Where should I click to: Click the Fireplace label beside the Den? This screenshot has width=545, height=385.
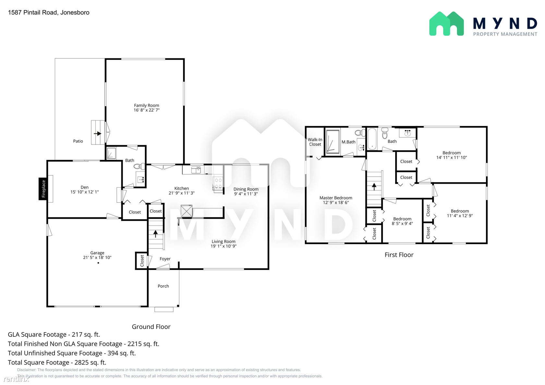tap(43, 189)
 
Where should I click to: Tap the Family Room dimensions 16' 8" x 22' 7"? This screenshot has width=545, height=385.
tap(147, 110)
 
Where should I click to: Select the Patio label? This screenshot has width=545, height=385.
tap(78, 141)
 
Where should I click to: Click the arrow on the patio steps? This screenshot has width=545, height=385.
tap(98, 134)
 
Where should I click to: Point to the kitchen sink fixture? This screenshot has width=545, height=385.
tap(196, 170)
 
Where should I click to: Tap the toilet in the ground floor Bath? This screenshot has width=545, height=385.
tap(139, 166)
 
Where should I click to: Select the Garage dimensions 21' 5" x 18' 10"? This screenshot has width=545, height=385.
tap(97, 257)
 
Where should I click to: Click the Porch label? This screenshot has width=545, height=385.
tap(163, 286)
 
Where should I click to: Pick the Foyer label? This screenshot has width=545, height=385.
tap(165, 259)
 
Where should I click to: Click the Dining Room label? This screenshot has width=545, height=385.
tap(246, 189)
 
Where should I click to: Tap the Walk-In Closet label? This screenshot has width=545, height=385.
tap(315, 142)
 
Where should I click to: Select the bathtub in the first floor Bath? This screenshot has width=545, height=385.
tap(372, 139)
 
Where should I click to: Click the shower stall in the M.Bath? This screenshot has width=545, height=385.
tap(333, 142)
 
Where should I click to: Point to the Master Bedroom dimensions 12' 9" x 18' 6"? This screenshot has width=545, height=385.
tap(336, 203)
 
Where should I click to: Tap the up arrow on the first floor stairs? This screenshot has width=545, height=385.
tap(374, 187)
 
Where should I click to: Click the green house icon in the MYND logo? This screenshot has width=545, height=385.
tap(446, 24)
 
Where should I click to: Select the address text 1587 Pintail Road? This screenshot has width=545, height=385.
tap(33, 12)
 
